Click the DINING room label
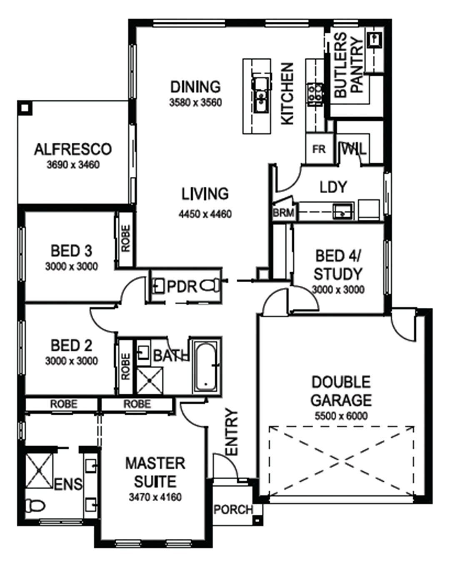195,87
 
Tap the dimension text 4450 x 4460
205,214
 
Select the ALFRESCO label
73,149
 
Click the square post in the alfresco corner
25,108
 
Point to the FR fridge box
319,149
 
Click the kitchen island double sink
261,96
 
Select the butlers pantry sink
375,40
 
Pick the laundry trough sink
342,211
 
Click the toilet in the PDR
210,285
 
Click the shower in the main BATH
149,381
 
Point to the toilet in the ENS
35,505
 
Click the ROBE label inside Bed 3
126,238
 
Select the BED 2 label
71,345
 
